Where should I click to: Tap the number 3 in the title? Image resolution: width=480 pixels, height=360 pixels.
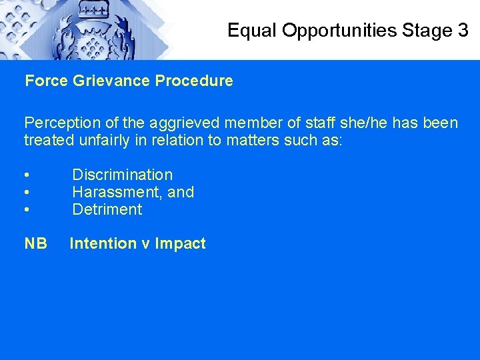click(x=463, y=30)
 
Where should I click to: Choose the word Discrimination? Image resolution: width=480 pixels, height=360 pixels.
click(x=122, y=175)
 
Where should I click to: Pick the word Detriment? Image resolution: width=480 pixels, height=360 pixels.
click(x=107, y=209)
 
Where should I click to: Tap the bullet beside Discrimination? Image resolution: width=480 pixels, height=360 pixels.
click(x=26, y=175)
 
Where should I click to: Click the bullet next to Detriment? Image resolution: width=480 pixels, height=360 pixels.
click(x=26, y=210)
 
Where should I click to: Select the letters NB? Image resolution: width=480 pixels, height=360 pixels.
click(x=36, y=244)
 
